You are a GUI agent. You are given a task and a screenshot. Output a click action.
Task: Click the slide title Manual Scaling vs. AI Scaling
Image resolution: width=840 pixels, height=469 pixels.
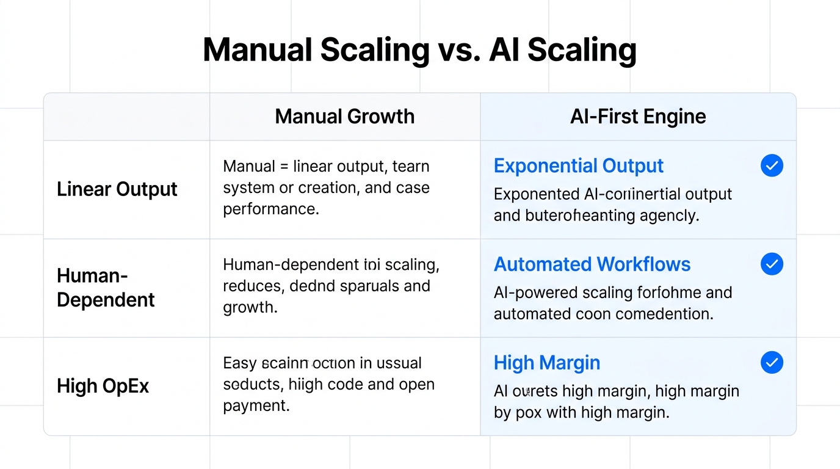(x=419, y=50)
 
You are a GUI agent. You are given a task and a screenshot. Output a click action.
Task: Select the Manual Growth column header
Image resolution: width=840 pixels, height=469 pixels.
(x=344, y=117)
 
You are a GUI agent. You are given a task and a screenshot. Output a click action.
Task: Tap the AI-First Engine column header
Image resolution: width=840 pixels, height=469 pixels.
(x=638, y=117)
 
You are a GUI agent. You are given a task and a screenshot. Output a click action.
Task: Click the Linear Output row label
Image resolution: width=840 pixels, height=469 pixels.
(x=117, y=189)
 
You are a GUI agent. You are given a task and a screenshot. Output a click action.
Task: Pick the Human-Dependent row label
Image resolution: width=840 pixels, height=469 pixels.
(x=106, y=288)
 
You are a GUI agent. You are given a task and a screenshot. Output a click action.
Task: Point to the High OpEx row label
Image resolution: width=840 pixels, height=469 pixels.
(x=103, y=386)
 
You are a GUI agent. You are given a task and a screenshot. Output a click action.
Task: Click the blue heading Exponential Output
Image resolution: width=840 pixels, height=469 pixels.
(x=578, y=166)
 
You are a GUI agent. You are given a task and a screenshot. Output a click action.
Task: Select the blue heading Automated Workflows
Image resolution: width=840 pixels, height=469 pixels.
(x=592, y=264)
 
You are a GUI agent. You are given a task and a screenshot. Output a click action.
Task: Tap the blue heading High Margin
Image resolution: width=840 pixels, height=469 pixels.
(x=547, y=363)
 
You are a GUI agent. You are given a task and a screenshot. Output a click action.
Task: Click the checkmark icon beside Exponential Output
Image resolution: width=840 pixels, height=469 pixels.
(x=772, y=165)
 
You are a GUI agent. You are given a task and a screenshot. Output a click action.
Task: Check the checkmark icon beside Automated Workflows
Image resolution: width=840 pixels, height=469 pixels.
(x=772, y=264)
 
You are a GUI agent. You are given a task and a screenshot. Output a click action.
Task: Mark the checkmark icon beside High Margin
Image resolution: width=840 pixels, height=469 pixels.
(x=772, y=363)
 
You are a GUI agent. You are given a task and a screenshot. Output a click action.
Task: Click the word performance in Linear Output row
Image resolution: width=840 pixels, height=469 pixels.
(x=270, y=209)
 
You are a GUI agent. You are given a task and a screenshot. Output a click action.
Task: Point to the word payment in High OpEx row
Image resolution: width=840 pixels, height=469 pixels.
(x=256, y=405)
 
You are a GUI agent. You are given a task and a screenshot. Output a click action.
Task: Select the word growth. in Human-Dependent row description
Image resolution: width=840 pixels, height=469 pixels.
(x=250, y=307)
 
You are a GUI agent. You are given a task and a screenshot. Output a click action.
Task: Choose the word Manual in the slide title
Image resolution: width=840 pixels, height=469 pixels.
(x=256, y=50)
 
